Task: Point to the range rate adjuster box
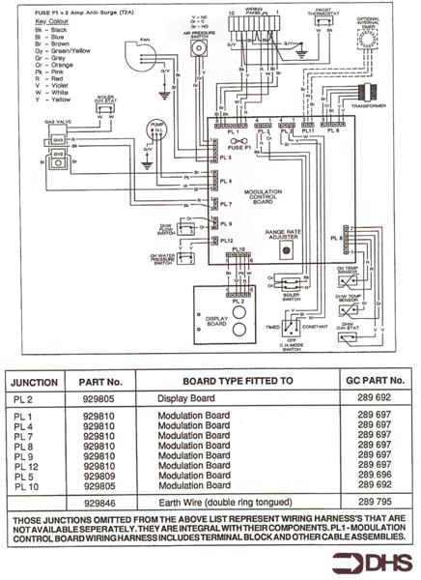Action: [x=287, y=249]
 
